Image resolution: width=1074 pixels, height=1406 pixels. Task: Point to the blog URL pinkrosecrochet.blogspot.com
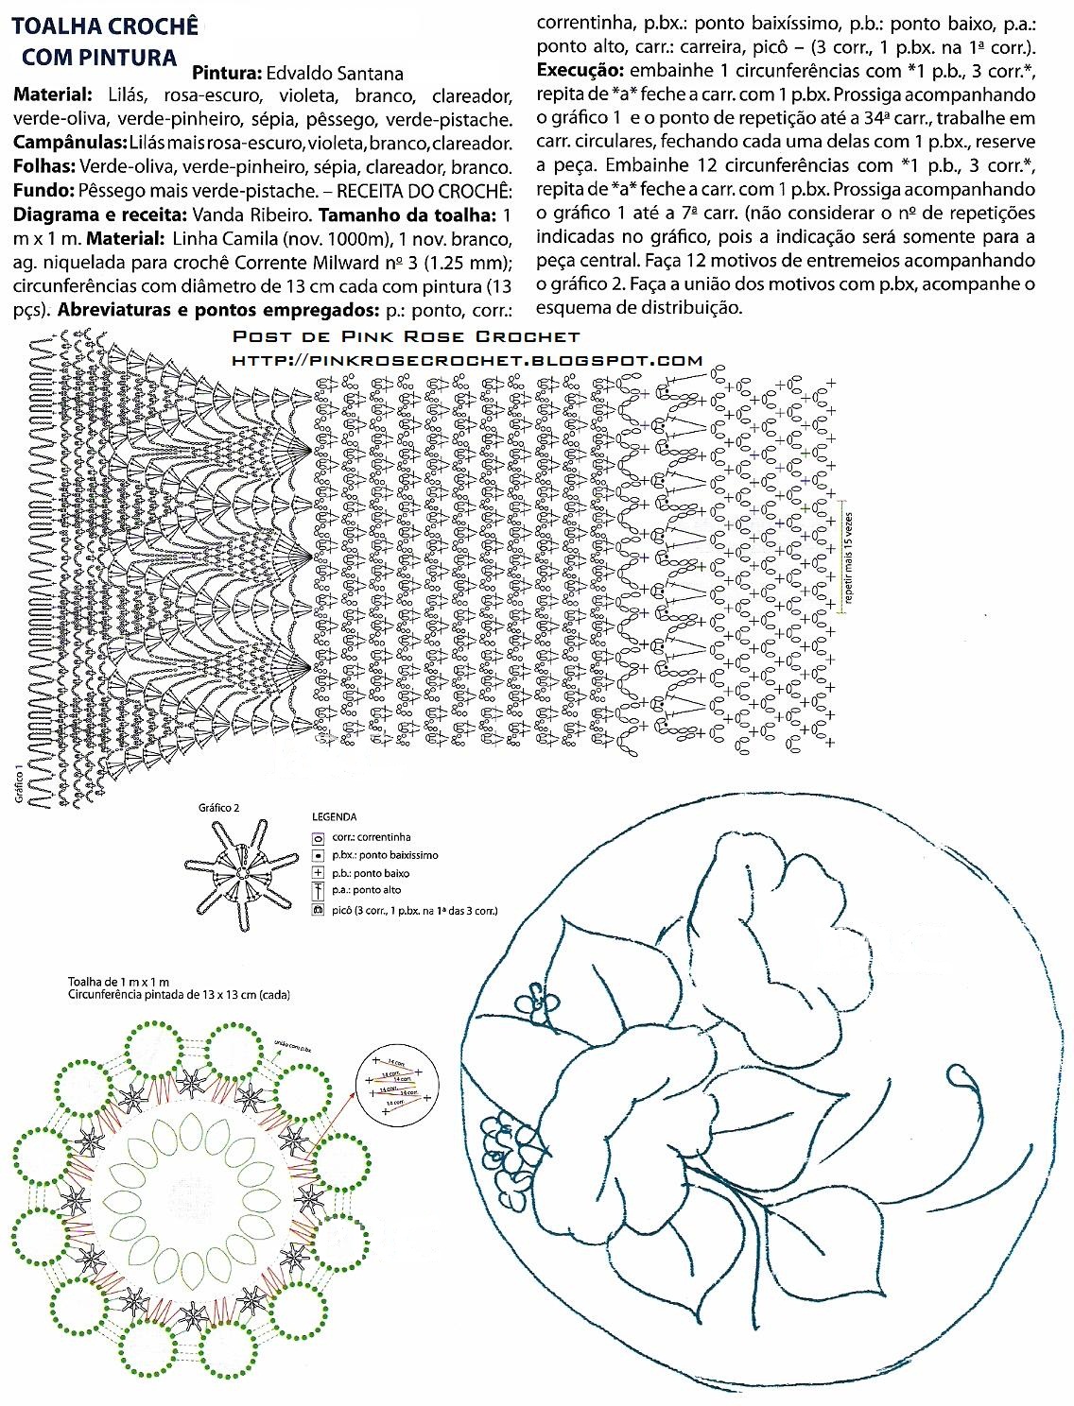(467, 360)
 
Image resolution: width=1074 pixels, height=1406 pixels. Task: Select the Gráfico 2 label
(219, 808)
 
